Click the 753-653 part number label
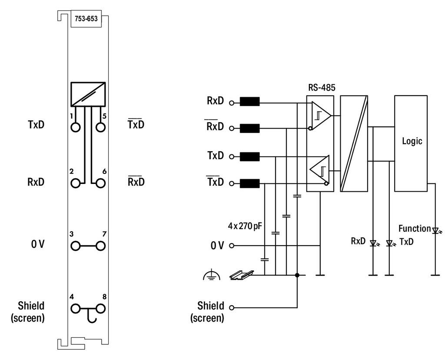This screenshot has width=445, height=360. pos(86,19)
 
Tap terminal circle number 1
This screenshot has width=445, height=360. pos(76,127)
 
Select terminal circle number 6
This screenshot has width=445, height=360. pos(100,183)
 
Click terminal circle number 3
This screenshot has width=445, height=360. pos(76,246)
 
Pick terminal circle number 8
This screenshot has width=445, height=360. pos(100,308)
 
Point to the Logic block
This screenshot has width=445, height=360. pos(411,143)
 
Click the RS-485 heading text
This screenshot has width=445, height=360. pos(322,87)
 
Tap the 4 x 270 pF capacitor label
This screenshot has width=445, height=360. pos(245,226)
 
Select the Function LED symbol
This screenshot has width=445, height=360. pos(435,230)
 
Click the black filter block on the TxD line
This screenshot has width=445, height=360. pos(250,157)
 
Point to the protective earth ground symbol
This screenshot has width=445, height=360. pos(212,275)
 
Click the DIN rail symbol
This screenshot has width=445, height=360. pos(241,275)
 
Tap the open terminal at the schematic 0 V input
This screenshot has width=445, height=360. pos(232,246)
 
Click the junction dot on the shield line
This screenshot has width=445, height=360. pos(297,275)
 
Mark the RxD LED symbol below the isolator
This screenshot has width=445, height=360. pos(374,243)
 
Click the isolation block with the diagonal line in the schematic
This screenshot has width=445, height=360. pos(354,143)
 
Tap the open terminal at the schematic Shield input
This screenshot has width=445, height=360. pos(232,307)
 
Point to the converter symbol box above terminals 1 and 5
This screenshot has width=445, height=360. pos(88,94)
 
